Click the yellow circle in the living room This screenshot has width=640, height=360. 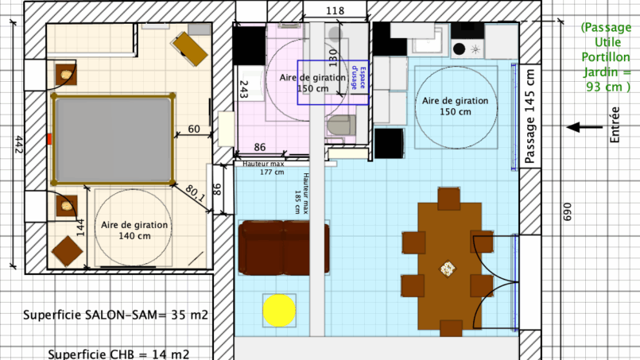279,311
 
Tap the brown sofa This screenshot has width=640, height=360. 284,248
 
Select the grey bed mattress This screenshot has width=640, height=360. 114,140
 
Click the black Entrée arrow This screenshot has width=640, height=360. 584,127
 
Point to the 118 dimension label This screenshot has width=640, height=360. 335,10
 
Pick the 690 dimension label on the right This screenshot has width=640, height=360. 568,212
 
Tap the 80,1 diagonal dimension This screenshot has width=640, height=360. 196,193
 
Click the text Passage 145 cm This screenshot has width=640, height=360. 529,116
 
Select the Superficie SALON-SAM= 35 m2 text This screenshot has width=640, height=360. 115,315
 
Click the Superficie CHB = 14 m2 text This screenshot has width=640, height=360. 118,354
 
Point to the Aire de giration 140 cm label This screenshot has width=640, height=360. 134,230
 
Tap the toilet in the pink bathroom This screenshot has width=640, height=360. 341,126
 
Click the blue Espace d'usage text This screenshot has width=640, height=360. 359,78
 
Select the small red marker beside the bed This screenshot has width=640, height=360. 49,139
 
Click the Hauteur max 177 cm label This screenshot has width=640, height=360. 264,168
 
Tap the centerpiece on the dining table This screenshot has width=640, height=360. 448,269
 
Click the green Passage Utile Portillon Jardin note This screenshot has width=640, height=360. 607,57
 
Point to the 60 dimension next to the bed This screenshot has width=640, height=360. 194,129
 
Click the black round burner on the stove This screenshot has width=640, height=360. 460,49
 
